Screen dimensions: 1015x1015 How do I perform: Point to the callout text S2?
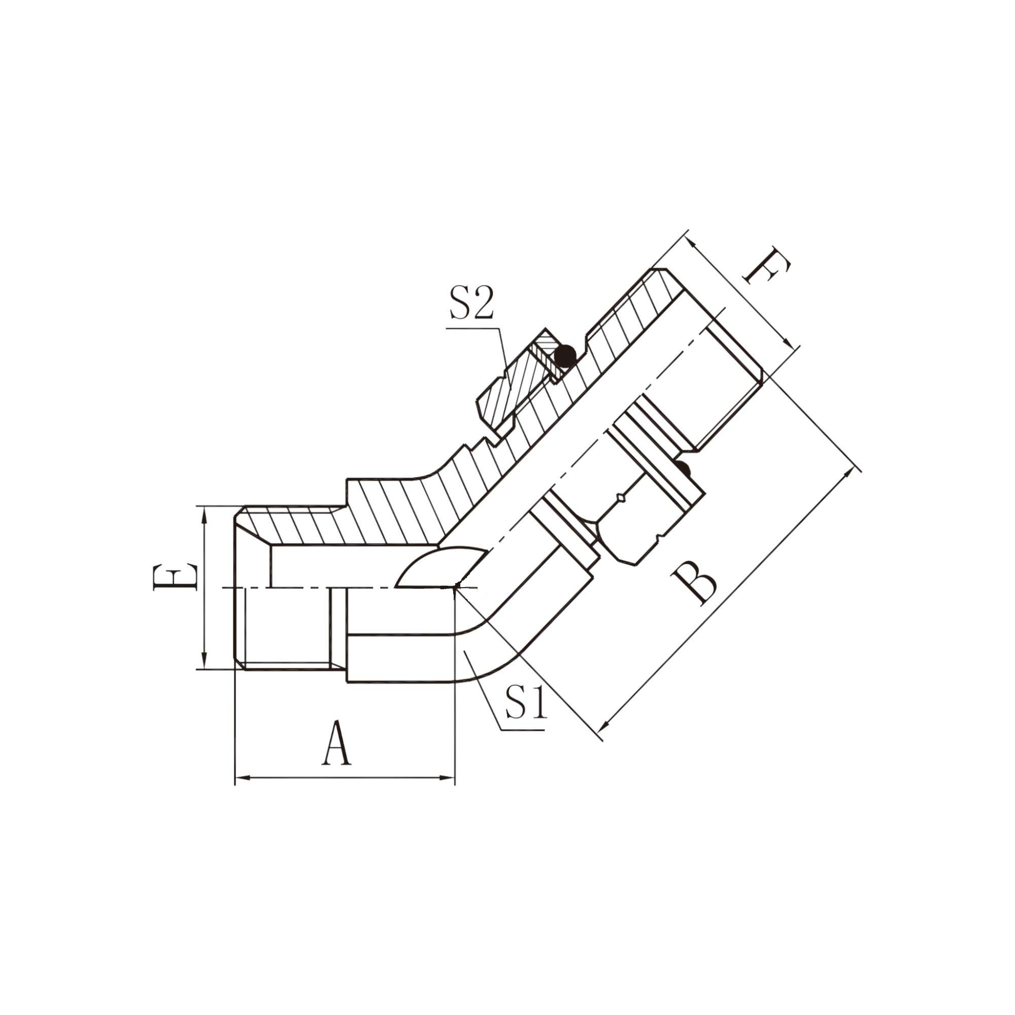(471, 303)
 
